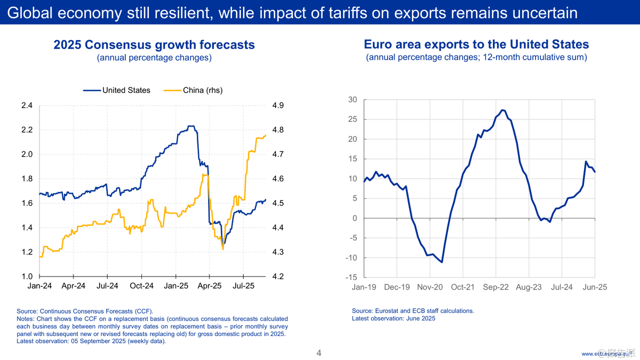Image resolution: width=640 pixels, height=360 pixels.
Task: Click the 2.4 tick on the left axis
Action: pos(26,106)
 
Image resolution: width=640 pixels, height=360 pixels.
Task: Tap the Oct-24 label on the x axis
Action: pos(141,286)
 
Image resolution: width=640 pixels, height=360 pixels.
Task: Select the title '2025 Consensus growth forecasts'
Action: pos(154,45)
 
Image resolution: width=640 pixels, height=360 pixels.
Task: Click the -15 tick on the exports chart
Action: pos(350,277)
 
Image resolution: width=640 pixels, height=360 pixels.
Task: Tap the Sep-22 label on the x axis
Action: pos(496,287)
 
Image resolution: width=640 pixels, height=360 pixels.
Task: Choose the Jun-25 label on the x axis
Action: pos(595,287)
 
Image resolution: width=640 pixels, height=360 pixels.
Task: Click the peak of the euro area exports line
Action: pos(502,110)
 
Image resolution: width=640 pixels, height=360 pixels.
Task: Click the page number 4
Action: pos(319,353)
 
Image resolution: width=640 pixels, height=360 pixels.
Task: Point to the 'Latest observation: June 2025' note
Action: pos(394,318)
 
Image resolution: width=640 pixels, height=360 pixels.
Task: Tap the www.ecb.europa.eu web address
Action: pos(608,354)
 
